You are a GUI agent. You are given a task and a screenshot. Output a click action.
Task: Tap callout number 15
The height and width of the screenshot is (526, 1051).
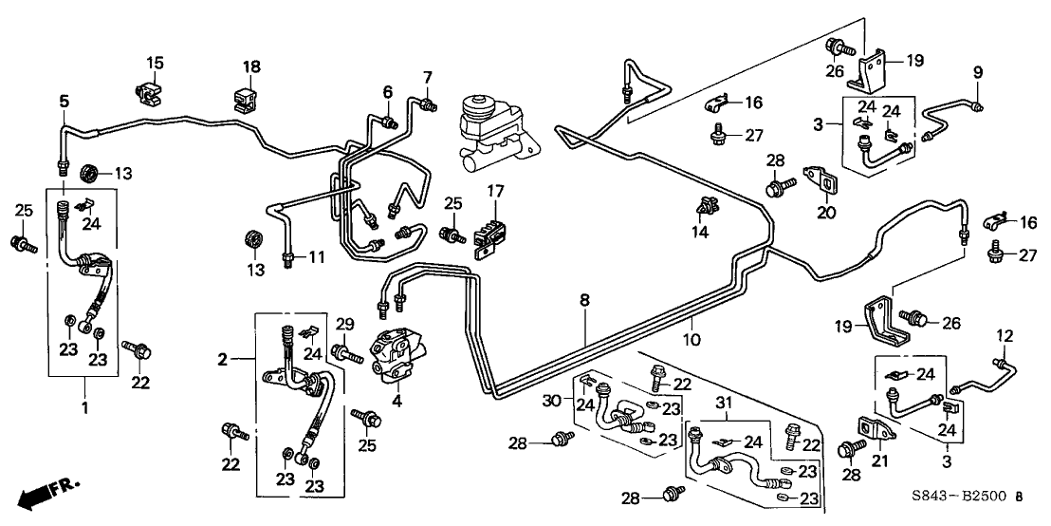155,64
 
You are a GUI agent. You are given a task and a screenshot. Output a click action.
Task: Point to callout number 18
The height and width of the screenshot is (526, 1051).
250,66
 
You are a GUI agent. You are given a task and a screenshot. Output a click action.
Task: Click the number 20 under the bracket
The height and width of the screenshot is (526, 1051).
826,213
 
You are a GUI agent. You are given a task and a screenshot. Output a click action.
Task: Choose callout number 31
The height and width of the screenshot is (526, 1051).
727,404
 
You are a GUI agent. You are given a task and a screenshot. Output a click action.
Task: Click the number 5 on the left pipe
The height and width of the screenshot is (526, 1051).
65,101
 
